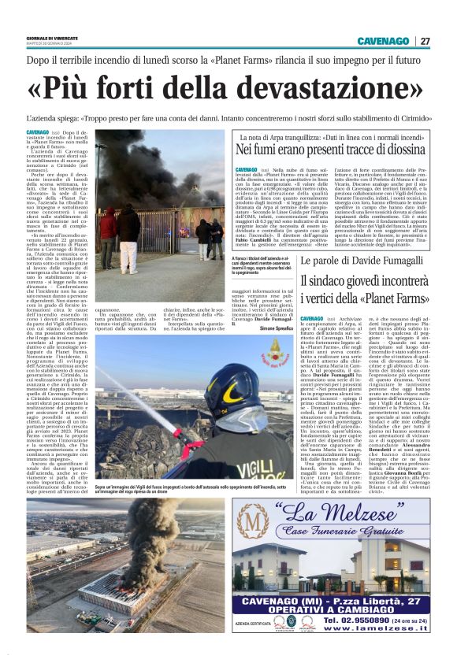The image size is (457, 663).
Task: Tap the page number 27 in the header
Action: coord(425,41)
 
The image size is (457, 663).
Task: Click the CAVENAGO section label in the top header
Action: coord(382,41)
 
